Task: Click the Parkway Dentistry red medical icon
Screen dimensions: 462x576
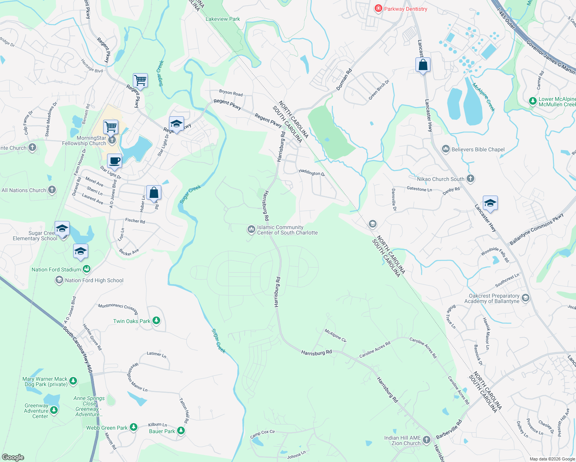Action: point(378,8)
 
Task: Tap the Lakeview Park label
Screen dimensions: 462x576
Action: point(223,19)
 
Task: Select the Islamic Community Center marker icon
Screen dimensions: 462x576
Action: point(251,230)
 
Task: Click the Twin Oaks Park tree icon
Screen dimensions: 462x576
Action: point(156,320)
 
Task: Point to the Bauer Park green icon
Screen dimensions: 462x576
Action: point(181,431)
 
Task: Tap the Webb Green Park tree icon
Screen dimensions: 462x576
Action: point(133,427)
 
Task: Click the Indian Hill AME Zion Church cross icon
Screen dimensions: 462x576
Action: point(426,440)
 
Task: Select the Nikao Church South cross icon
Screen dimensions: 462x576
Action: point(470,178)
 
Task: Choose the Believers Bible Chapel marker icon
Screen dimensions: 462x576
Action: point(446,149)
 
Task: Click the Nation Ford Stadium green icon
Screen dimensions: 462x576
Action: point(87,269)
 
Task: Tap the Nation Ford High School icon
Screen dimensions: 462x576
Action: point(59,280)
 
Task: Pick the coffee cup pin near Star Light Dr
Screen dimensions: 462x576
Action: point(114,161)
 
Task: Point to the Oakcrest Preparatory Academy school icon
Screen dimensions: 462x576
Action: point(526,298)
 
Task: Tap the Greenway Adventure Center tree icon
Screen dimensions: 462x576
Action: point(54,410)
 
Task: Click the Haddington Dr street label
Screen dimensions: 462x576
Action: point(312,173)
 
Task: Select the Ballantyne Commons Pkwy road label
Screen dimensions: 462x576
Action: point(536,229)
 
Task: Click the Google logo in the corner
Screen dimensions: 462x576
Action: point(13,457)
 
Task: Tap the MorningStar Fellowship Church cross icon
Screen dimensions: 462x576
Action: point(112,140)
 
